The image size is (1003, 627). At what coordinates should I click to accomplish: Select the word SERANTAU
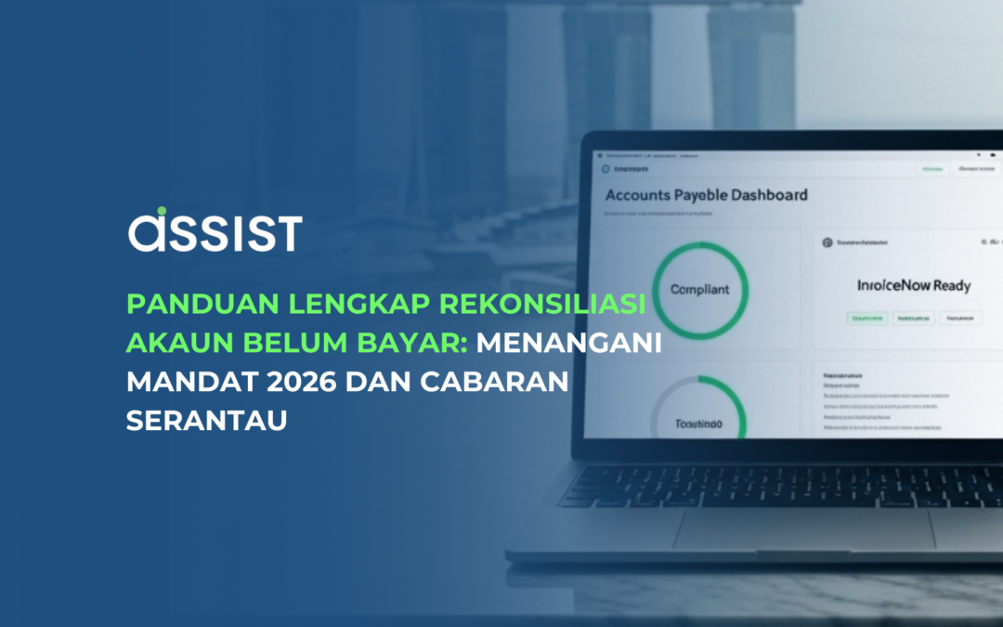click(x=206, y=420)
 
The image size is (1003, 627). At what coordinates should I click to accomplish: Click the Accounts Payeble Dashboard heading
click(x=706, y=195)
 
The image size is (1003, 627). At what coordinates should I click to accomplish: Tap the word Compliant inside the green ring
click(x=699, y=289)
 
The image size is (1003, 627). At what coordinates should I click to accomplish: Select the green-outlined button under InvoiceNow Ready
click(x=866, y=318)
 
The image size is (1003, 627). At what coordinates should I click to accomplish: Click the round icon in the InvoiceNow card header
click(x=827, y=242)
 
